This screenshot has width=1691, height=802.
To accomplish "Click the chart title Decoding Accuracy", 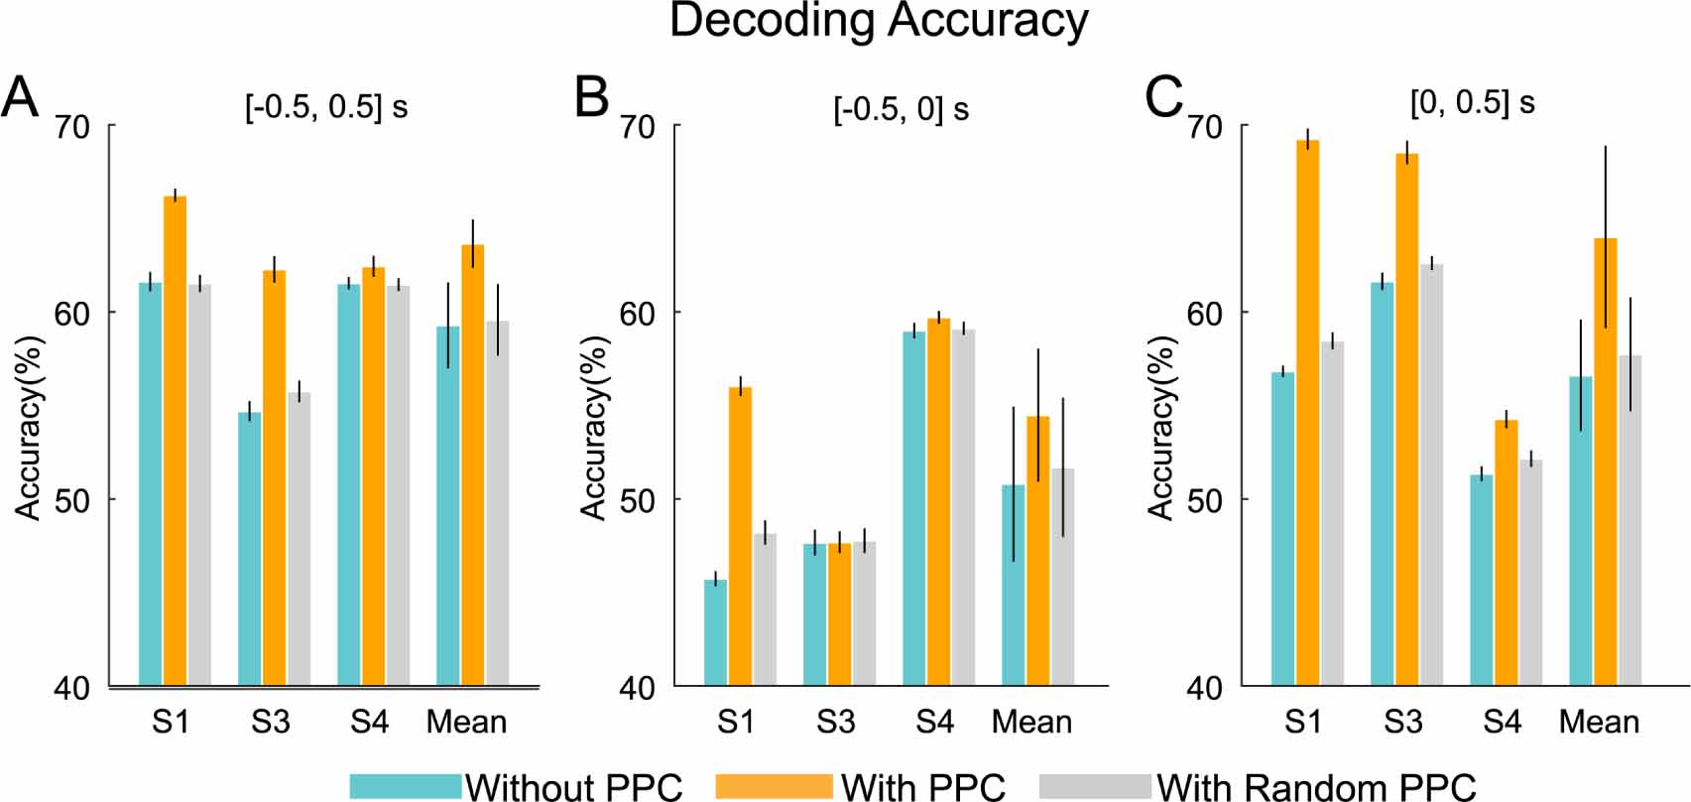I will tap(879, 22).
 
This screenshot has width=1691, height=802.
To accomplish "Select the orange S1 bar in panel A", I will tap(175, 441).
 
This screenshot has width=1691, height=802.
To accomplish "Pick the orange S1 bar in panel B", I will tap(740, 536).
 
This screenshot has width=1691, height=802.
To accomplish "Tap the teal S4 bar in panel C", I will tap(1481, 580).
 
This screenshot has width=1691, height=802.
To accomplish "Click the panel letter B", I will tap(591, 98).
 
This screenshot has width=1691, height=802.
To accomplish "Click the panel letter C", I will tap(1163, 97).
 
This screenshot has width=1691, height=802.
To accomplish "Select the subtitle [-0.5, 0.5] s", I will tap(326, 106).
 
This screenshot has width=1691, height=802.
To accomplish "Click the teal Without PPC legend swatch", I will tap(406, 786).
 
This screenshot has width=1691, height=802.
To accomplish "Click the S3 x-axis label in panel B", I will tap(835, 722).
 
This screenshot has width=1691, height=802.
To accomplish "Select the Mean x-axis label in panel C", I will tap(1599, 722).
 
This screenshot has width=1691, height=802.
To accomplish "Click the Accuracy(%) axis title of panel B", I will tap(593, 428).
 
